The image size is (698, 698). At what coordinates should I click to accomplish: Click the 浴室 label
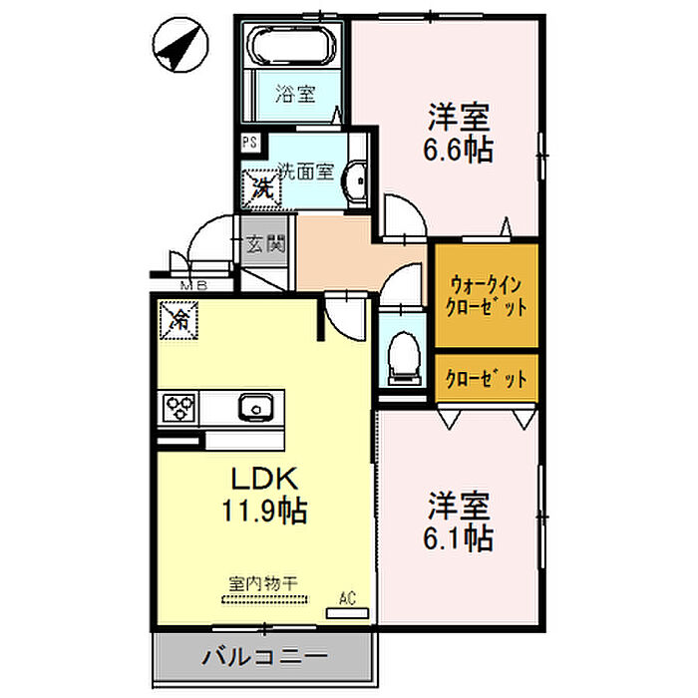(295, 96)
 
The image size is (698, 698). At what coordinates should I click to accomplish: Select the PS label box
(249, 143)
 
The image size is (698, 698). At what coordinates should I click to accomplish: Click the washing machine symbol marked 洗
(260, 184)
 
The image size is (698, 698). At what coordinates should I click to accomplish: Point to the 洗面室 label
(305, 172)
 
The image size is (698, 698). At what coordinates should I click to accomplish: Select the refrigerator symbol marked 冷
(179, 320)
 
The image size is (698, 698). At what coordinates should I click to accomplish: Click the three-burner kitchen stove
(180, 407)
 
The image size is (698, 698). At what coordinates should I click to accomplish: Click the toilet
(403, 355)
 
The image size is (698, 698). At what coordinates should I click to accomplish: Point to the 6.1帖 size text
(460, 539)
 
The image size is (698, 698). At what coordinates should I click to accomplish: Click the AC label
(347, 599)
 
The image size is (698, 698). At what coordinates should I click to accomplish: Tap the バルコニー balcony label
(264, 658)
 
